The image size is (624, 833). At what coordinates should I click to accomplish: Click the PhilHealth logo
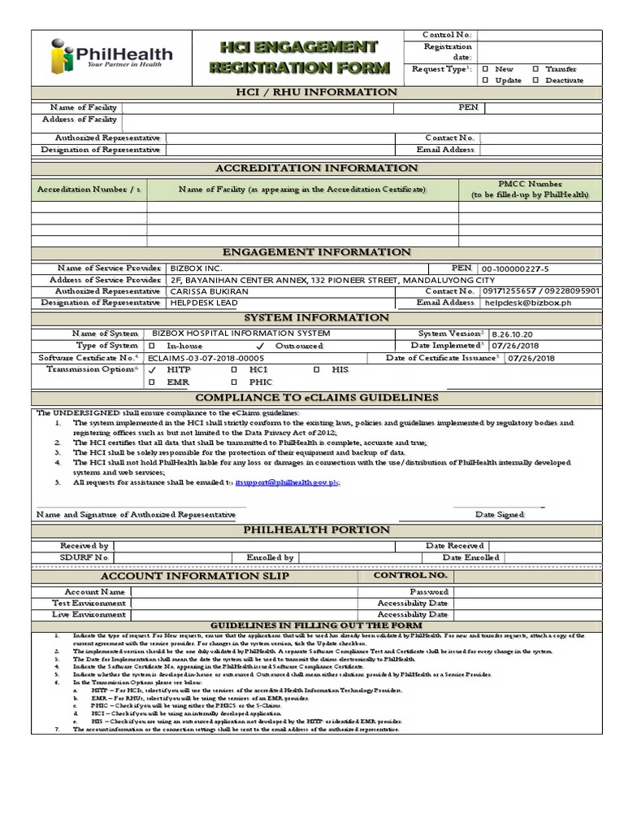(x=111, y=56)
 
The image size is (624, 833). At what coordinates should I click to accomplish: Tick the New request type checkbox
(x=485, y=69)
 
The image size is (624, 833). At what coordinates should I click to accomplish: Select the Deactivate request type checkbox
(x=535, y=81)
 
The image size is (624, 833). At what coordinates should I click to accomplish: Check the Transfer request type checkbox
(x=535, y=69)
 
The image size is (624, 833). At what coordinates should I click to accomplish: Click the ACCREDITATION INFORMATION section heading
(x=316, y=168)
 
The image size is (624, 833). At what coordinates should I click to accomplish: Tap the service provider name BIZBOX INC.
(x=196, y=268)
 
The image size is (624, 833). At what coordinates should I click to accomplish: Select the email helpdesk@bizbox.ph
(x=526, y=303)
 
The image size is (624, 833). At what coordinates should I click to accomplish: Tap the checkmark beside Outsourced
(x=259, y=346)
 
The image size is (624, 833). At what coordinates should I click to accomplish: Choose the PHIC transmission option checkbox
(x=233, y=381)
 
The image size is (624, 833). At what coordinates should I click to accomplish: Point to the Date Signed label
(x=499, y=514)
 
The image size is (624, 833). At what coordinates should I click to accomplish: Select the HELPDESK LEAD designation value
(x=203, y=303)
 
